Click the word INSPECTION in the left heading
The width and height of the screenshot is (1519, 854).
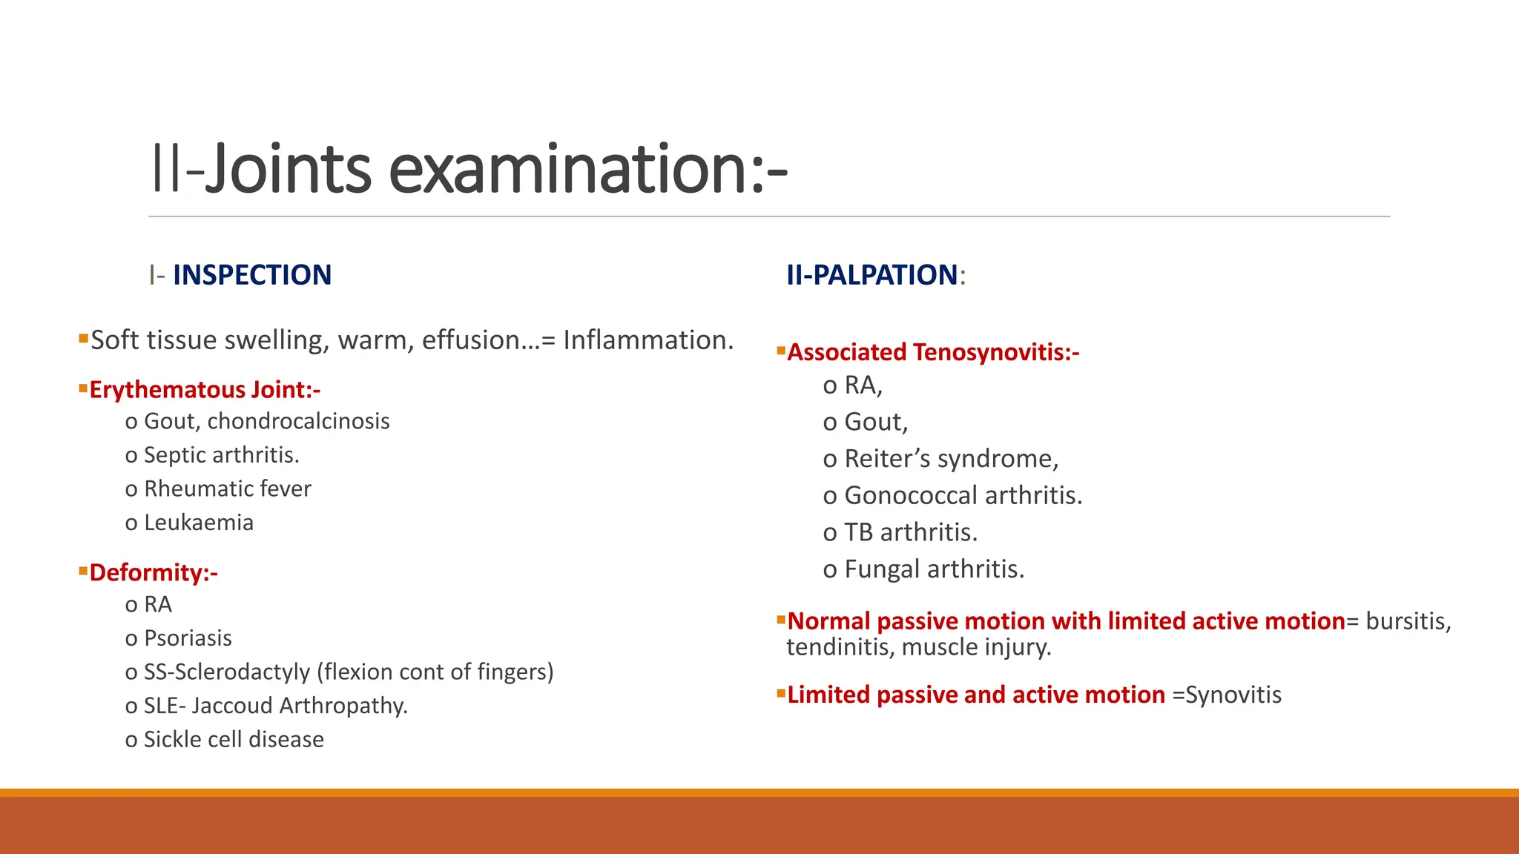[252, 275]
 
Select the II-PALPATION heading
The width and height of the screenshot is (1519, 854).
[871, 275]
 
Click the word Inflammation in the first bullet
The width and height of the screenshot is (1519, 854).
[648, 340]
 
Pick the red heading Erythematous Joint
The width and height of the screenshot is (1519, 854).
[205, 390]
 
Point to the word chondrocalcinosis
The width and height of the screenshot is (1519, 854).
[298, 421]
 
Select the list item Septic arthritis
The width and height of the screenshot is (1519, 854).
[221, 455]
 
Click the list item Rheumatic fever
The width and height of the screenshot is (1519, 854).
[227, 489]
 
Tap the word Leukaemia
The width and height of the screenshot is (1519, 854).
[199, 523]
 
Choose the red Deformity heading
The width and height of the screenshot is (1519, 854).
[154, 573]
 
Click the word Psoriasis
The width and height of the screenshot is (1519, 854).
[188, 638]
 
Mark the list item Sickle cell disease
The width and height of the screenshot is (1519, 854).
[234, 740]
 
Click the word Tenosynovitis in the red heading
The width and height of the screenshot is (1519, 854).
[996, 352]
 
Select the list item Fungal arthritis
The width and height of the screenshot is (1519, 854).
[935, 569]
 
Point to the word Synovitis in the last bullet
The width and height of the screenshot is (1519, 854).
[1233, 695]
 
